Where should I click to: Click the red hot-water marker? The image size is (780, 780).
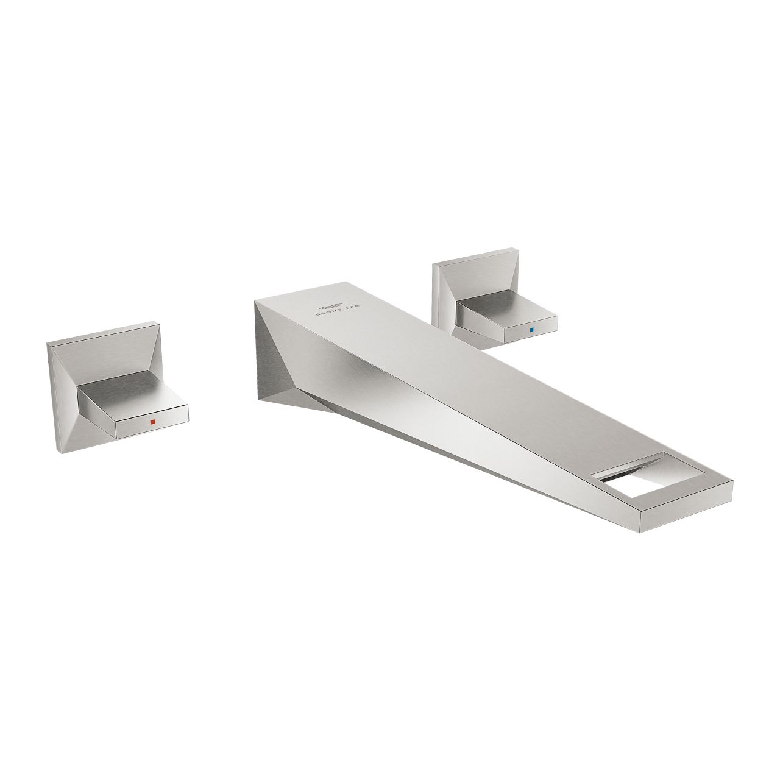152,422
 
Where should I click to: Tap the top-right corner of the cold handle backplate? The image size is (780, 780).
517,250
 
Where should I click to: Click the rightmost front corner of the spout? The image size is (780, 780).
732,481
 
